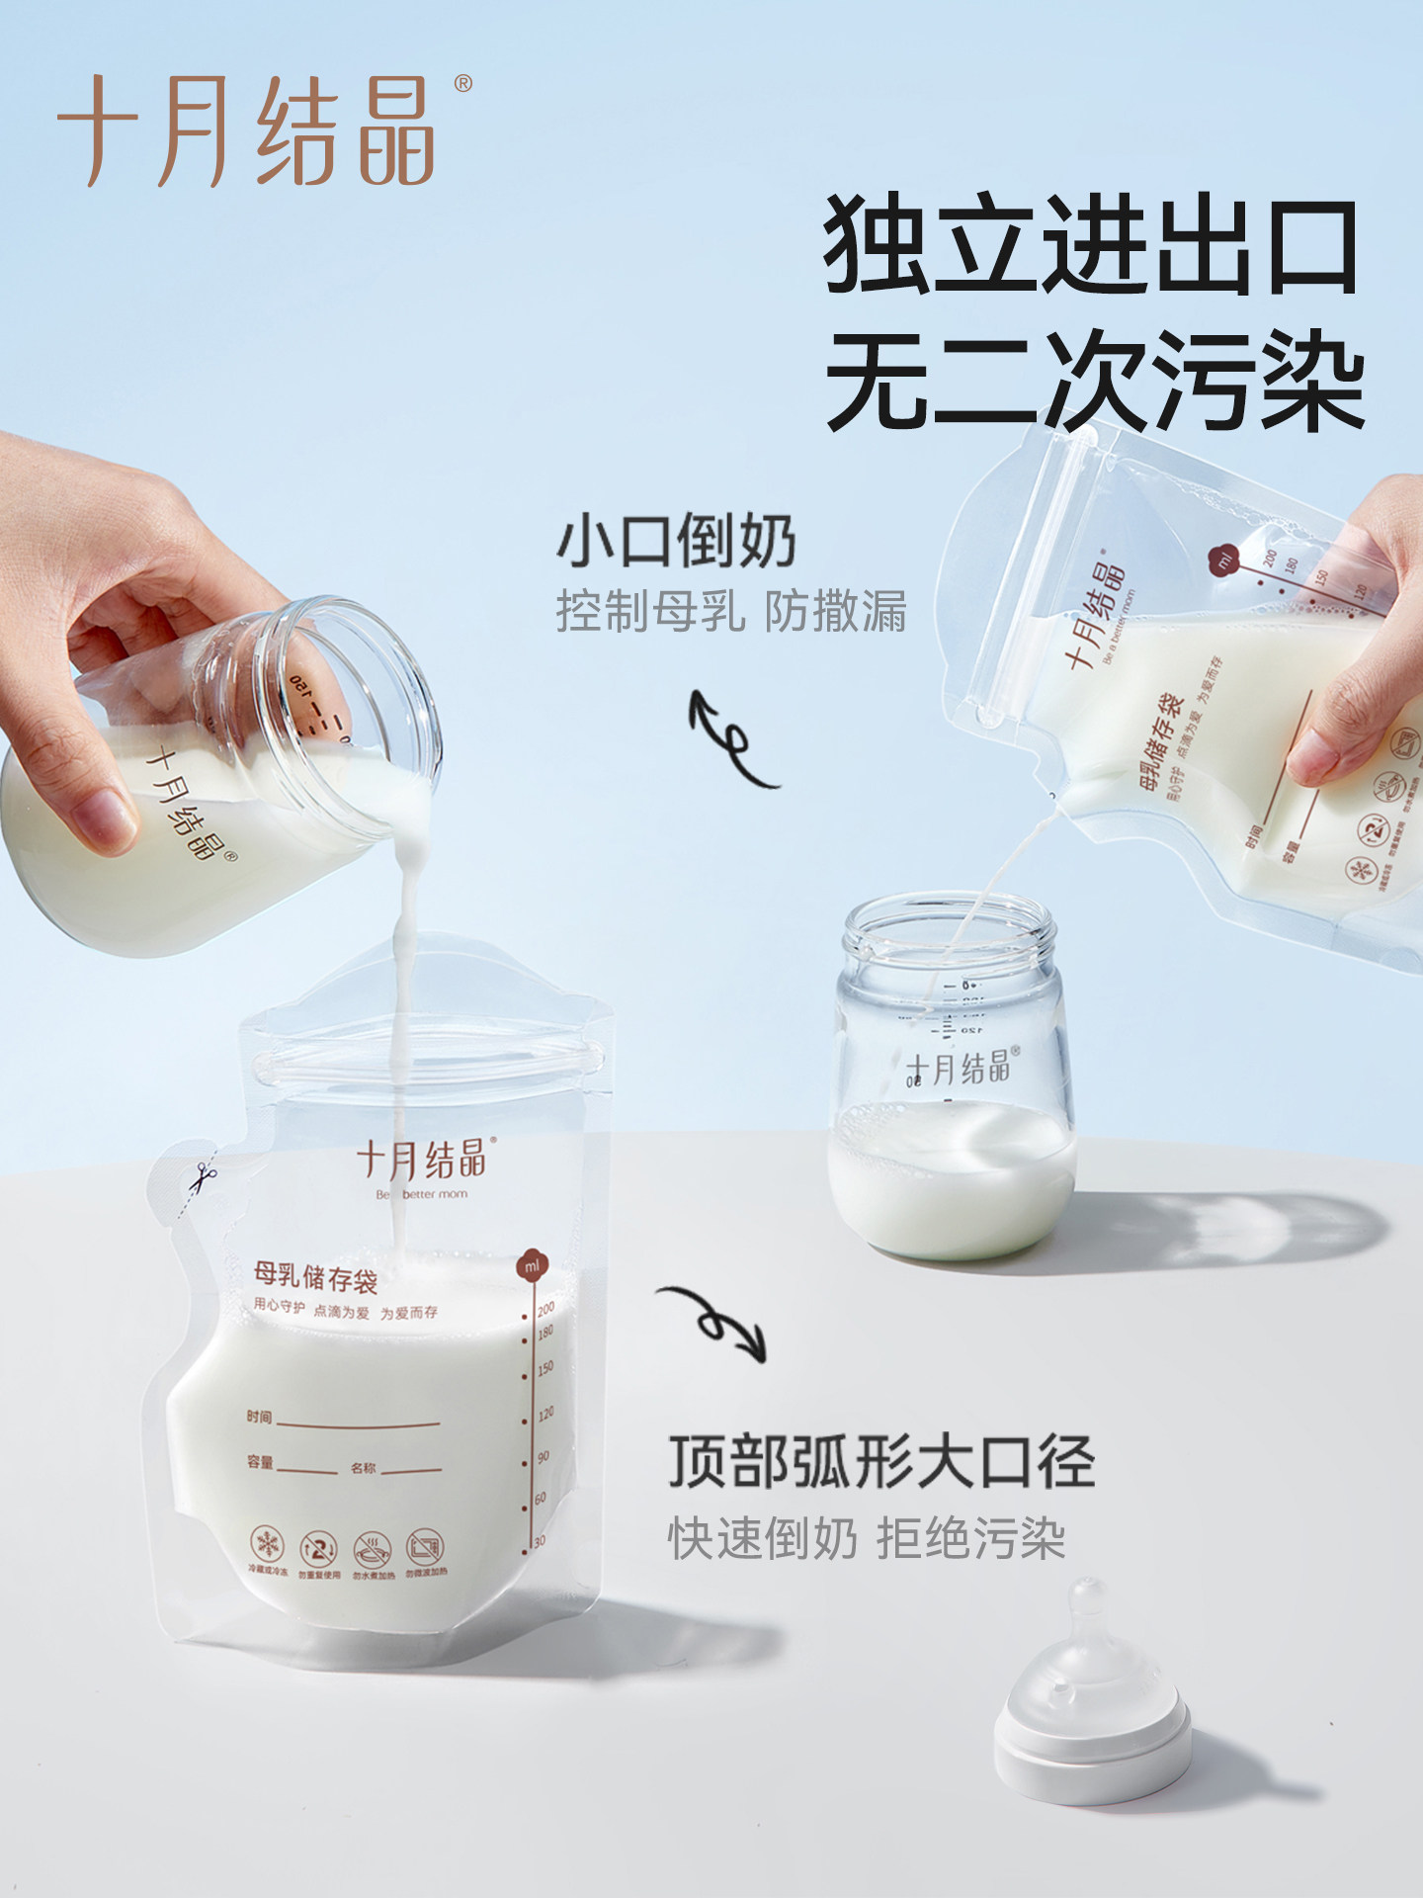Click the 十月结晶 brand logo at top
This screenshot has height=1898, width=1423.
pos(247,130)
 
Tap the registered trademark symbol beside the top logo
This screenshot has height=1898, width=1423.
pos(462,84)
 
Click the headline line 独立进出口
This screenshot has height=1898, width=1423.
pos(1091,245)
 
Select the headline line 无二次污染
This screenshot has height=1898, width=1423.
pos(1095,381)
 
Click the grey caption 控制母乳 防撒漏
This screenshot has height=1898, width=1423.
pos(731,611)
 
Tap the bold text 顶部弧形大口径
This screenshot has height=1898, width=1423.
pos(881,1461)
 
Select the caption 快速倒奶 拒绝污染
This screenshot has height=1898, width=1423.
pos(866,1538)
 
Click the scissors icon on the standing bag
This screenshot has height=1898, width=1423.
pos(205,1177)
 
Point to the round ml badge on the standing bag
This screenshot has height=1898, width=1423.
pos(532,1266)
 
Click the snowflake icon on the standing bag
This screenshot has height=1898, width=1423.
pos(266,1544)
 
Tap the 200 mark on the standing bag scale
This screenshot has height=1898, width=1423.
pos(545,1308)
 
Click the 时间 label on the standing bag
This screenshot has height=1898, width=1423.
pos(259,1417)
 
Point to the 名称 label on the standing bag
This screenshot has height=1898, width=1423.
pos(364,1468)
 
